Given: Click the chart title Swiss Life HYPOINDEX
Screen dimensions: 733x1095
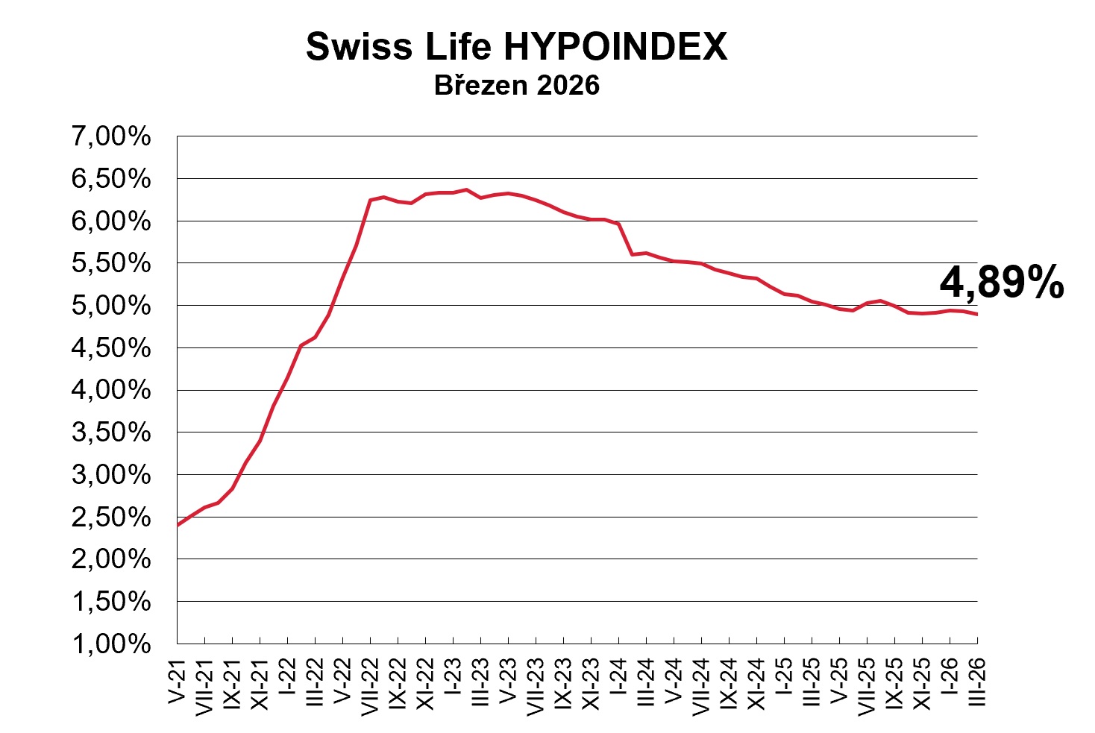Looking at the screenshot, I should pos(516,47).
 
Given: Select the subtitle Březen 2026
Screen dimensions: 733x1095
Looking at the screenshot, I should pos(516,86).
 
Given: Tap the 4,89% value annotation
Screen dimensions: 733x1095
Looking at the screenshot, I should pos(1001,283).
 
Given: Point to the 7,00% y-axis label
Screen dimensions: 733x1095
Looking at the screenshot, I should pos(111,136).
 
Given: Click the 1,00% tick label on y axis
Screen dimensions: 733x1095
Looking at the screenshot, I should pos(111,644).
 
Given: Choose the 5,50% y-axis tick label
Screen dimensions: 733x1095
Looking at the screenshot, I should pos(111,263).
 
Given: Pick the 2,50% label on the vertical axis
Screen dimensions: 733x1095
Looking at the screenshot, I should pos(111,517).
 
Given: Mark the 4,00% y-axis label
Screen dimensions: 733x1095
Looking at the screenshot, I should pos(111,390).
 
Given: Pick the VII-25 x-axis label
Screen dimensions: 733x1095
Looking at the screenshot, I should pos(867,687).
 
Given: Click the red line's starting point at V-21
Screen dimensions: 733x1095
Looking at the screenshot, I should pos(178,526).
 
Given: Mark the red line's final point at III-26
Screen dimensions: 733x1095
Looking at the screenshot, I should pos(977,315).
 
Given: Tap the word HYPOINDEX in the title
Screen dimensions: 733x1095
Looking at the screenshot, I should pos(616,47).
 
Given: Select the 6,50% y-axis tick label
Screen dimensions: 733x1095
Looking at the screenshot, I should pos(111,179).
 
